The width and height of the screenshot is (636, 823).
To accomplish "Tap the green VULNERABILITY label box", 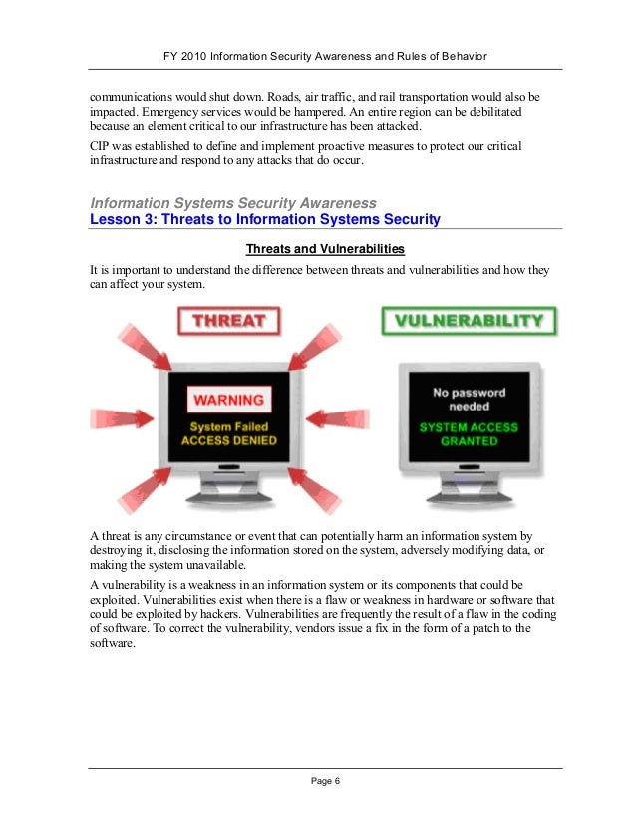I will (x=469, y=321).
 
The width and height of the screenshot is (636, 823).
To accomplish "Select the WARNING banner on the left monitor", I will (x=228, y=400).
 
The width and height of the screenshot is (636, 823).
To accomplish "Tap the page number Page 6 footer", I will (x=325, y=780).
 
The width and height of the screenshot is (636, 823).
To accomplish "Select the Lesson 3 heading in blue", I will (x=265, y=219).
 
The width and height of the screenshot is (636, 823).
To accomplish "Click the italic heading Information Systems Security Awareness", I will (x=233, y=203).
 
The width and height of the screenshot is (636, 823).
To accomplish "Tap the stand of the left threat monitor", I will (x=228, y=495).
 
